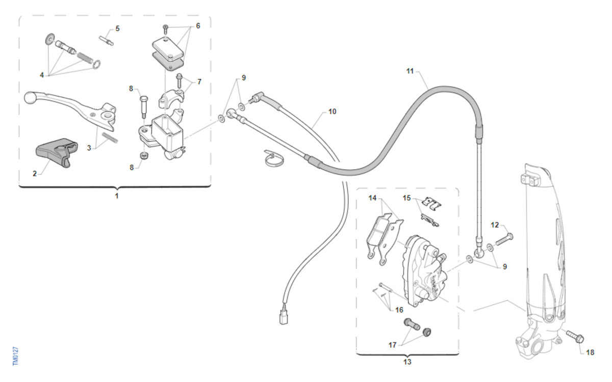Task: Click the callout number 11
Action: [x=410, y=71]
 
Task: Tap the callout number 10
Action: [x=332, y=112]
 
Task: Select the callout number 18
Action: [x=590, y=352]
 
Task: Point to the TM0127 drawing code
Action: [x=16, y=356]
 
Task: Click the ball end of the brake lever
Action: [x=29, y=98]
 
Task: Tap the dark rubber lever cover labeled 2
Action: [x=57, y=152]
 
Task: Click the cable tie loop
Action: [x=274, y=158]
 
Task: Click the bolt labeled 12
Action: [x=504, y=239]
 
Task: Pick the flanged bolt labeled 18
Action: [x=575, y=337]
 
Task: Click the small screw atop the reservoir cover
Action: [x=165, y=29]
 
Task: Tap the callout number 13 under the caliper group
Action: [x=407, y=362]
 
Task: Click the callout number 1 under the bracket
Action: [x=117, y=196]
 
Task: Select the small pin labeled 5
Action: [x=106, y=40]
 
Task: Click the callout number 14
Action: [x=372, y=198]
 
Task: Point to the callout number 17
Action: [x=393, y=345]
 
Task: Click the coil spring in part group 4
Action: [x=85, y=58]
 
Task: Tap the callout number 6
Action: [x=198, y=26]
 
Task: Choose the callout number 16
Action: [x=399, y=310]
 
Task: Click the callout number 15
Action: [x=406, y=198]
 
